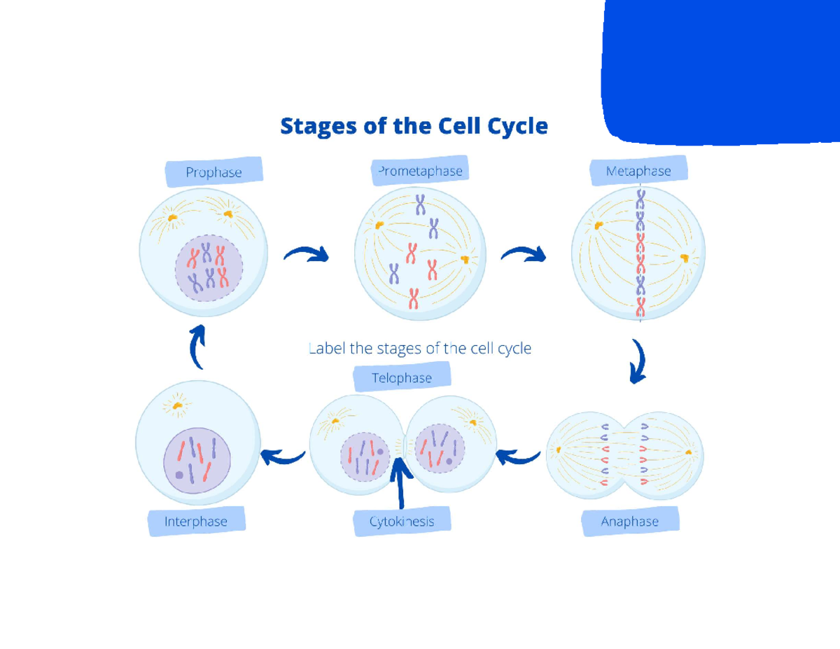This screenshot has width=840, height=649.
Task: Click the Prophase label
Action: (x=213, y=172)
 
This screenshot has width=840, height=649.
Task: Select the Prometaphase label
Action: (x=419, y=171)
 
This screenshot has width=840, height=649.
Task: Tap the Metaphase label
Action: (x=638, y=171)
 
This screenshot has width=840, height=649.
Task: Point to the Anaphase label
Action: (x=630, y=522)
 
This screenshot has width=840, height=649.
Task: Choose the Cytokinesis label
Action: (x=402, y=522)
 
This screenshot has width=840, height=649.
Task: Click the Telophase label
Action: (x=401, y=378)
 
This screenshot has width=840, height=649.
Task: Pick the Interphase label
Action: (x=196, y=522)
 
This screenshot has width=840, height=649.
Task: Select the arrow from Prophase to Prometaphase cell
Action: (x=306, y=254)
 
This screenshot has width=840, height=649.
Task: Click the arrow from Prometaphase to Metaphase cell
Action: (x=524, y=254)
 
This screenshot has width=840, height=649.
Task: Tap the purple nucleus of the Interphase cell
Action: (x=197, y=459)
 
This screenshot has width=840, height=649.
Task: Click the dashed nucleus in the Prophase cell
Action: (x=209, y=268)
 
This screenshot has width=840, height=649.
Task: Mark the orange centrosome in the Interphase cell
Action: (x=179, y=405)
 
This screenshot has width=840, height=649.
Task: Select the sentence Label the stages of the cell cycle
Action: (x=419, y=348)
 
